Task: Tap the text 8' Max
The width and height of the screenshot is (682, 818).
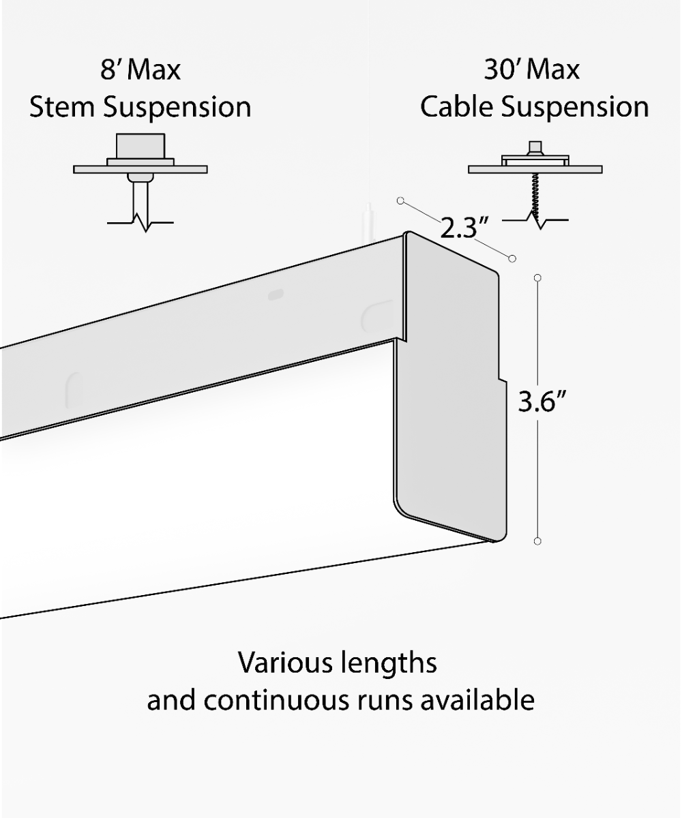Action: tap(141, 70)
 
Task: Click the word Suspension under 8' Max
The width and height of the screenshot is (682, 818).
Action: tap(177, 108)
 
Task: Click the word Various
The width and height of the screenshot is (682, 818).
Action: tap(282, 663)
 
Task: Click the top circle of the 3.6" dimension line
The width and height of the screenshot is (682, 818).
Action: tap(537, 277)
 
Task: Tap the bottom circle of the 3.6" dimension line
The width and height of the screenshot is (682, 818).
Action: tap(537, 541)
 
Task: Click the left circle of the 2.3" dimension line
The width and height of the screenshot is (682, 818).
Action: tap(400, 200)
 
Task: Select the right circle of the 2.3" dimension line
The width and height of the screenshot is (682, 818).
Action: tap(512, 258)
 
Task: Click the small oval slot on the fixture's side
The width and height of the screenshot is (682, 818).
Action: tap(276, 294)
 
